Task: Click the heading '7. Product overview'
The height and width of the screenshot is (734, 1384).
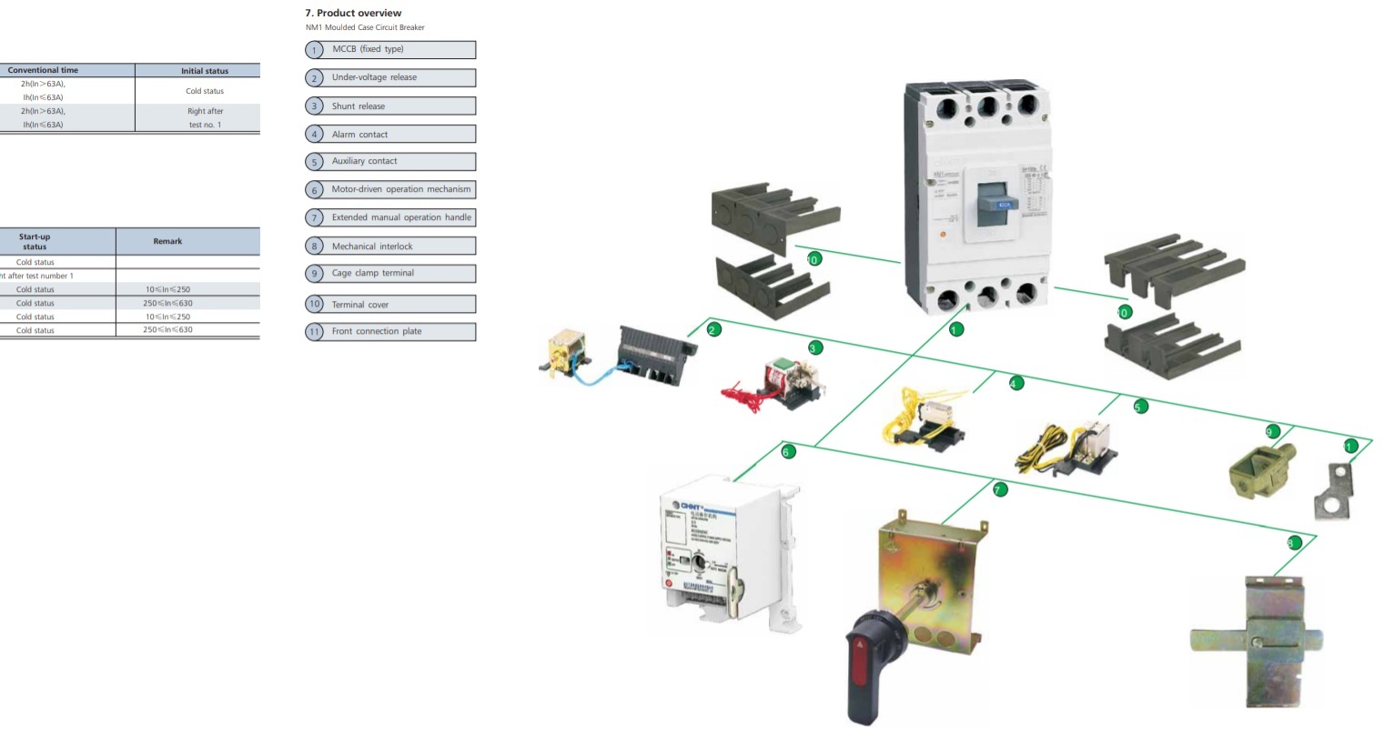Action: pos(353,13)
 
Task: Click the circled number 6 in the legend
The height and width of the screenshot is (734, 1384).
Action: pos(314,190)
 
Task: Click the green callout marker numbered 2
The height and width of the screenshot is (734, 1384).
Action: pos(713,329)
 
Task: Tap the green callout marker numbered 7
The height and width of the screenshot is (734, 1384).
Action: pos(1000,489)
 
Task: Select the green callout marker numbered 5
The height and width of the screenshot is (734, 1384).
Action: pos(1140,407)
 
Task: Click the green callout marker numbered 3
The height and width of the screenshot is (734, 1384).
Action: pos(815,347)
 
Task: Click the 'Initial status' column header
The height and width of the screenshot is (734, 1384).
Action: pos(205,71)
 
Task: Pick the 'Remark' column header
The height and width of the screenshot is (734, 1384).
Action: pos(167,241)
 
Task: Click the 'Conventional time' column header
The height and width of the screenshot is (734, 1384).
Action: pos(43,70)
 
